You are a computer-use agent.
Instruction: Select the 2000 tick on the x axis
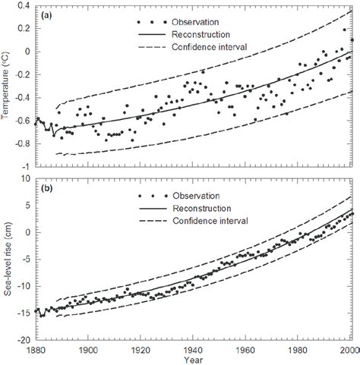coord(348,350)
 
